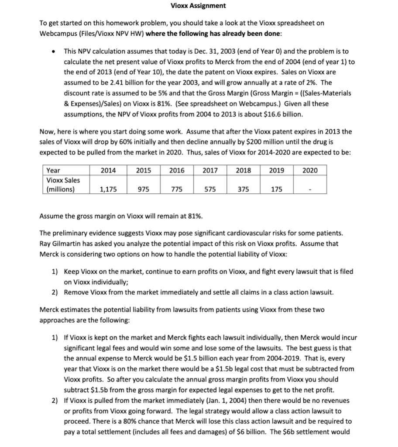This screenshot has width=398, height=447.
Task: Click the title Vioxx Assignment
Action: pos(198,6)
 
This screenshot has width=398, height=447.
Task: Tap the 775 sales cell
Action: pos(177,189)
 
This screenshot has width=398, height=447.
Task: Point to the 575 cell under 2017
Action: pos(210,189)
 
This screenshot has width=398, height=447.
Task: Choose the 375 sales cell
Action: pos(244,189)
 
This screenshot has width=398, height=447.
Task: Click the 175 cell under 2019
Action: pos(277,189)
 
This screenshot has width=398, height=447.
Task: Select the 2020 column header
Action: pos(310,170)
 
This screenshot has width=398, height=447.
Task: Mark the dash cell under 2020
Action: pos(310,189)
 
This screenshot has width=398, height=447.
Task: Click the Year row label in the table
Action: pos(53,170)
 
